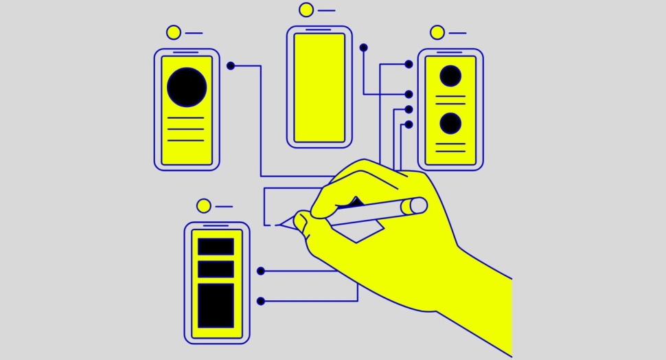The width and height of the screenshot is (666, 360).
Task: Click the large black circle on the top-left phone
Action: click(x=187, y=87)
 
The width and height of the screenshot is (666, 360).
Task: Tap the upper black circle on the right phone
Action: click(x=450, y=76)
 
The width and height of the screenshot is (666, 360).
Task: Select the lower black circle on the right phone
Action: click(x=450, y=124)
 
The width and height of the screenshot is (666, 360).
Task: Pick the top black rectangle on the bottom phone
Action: click(x=216, y=247)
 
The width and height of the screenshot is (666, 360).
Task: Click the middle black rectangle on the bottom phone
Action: click(x=216, y=269)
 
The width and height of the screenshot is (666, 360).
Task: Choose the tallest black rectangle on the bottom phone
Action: click(x=216, y=306)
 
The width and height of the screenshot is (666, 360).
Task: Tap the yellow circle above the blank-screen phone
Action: click(x=306, y=10)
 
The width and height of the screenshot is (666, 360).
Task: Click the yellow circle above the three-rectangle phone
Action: click(x=203, y=205)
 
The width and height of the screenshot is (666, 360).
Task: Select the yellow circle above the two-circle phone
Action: click(x=437, y=32)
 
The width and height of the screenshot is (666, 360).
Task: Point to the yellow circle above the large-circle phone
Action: click(x=174, y=32)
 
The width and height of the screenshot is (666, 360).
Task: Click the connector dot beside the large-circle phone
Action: click(x=231, y=66)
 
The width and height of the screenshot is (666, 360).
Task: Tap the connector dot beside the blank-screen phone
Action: click(x=363, y=47)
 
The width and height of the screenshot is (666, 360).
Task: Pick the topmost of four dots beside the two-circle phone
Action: click(x=409, y=64)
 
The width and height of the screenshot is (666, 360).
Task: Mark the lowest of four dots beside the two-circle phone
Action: click(x=409, y=124)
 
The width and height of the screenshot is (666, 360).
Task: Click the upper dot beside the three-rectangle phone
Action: click(x=261, y=271)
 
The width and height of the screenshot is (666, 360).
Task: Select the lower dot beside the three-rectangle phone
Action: click(x=261, y=301)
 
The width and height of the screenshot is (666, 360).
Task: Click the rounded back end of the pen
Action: click(x=417, y=205)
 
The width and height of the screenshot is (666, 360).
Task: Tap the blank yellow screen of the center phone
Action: click(x=319, y=87)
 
